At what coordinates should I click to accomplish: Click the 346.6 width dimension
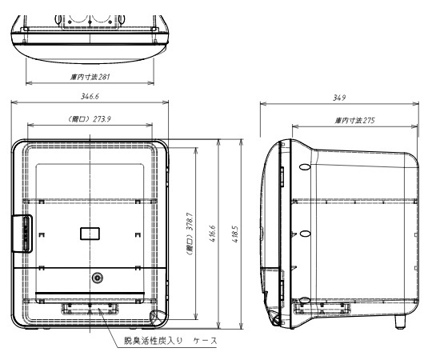coord(90,97)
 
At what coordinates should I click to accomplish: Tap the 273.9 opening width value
coord(102,119)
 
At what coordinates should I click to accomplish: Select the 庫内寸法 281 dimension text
coord(90,77)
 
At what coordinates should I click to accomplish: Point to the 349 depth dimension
coord(339,98)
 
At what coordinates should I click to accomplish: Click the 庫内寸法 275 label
coord(355,120)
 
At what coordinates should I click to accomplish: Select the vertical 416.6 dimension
coord(213,234)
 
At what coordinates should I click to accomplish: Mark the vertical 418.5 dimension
coord(235,234)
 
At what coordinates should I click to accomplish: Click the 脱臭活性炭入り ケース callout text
coord(170,341)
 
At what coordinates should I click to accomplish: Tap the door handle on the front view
coord(22,234)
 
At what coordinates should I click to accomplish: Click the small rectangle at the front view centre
coord(90,234)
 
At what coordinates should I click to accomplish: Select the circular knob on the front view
coord(97,278)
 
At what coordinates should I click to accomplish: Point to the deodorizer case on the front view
coord(90,309)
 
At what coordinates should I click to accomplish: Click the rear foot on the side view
coord(400,322)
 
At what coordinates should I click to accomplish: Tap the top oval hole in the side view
coord(305,167)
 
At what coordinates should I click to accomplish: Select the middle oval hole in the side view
coord(305,234)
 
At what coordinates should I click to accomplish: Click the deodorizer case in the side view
coord(322,309)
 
